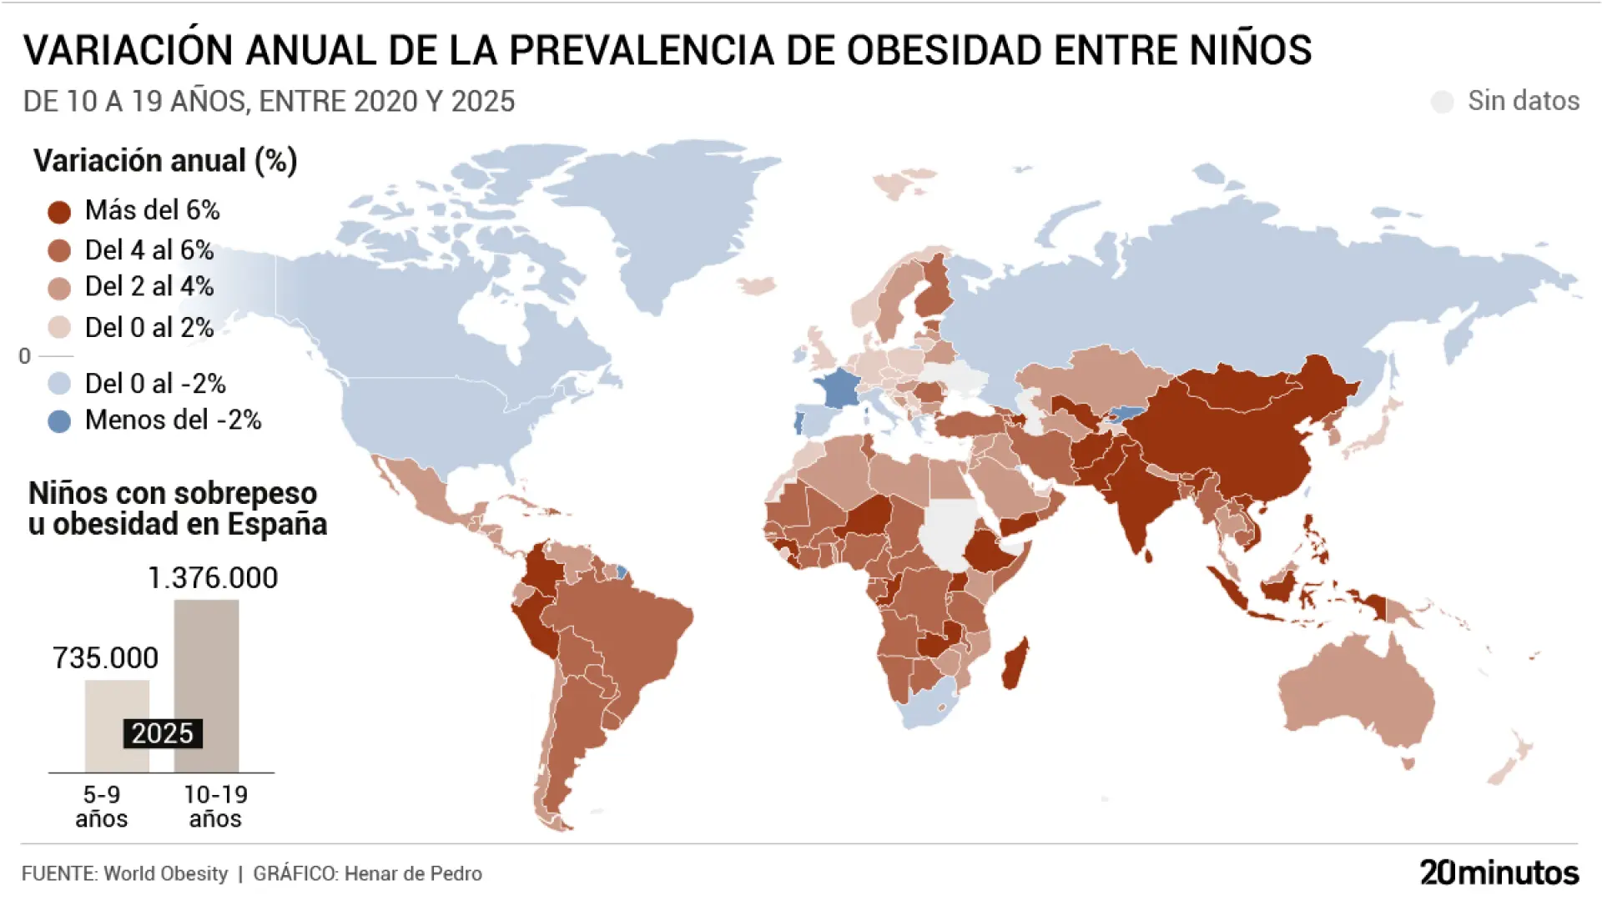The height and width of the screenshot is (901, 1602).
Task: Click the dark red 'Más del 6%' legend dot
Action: point(59,212)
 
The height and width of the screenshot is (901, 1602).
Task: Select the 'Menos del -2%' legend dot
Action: point(59,421)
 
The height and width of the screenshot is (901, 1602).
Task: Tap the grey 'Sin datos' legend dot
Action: point(1442,102)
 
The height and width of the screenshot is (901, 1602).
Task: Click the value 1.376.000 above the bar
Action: point(213,578)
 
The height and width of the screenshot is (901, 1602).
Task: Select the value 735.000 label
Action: point(106,658)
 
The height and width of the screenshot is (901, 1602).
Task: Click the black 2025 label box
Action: point(163,733)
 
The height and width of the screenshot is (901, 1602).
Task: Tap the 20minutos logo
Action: point(1499,873)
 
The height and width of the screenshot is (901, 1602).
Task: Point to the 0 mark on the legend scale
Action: point(25,356)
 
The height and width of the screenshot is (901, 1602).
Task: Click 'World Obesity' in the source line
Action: point(165,873)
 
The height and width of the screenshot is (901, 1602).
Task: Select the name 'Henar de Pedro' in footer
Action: point(413,873)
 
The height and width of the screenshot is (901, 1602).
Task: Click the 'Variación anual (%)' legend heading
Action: point(165,160)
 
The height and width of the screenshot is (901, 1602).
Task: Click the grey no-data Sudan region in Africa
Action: point(950,534)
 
